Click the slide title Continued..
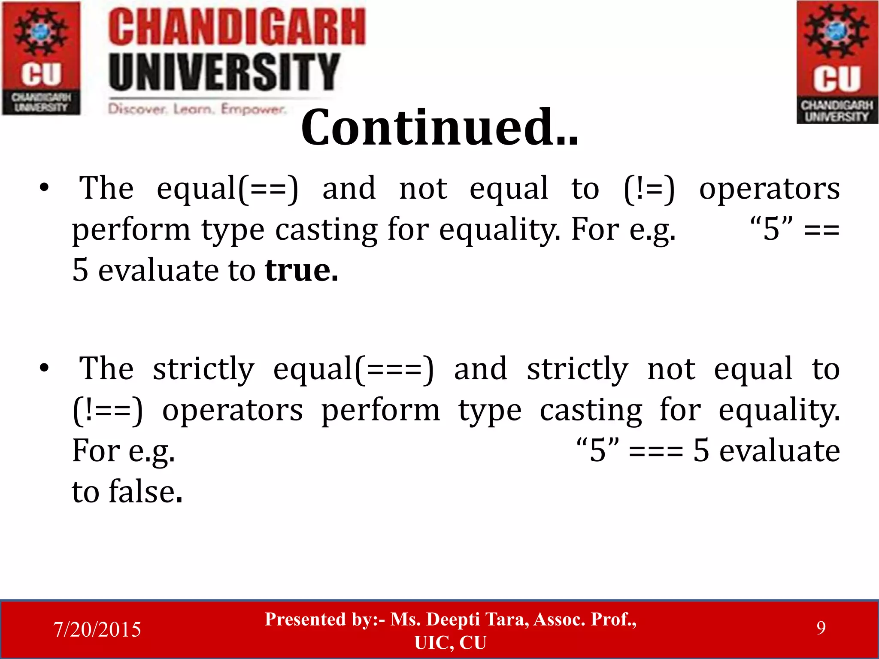click(439, 127)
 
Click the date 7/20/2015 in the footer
click(97, 629)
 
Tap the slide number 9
click(821, 628)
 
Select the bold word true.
click(301, 270)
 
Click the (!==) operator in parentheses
click(107, 411)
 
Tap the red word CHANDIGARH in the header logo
click(236, 27)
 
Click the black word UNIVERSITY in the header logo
click(224, 72)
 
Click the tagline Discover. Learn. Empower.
click(197, 109)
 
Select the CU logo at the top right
click(837, 62)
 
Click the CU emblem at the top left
click(41, 58)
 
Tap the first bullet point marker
click(44, 188)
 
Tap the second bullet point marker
click(44, 368)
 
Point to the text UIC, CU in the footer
click(450, 643)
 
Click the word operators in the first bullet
click(769, 189)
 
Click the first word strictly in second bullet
click(203, 369)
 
